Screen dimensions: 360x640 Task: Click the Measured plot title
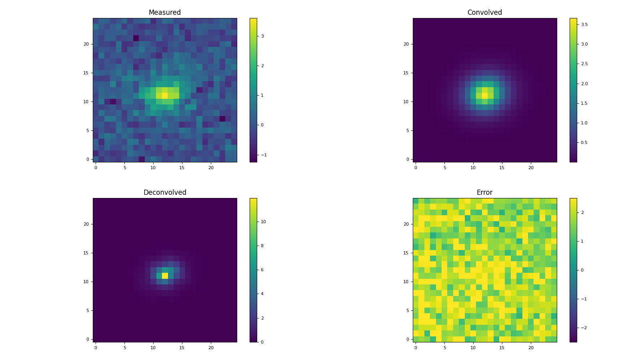coord(165,12)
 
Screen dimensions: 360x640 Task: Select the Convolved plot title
coord(484,12)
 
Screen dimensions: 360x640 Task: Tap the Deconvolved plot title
coord(165,192)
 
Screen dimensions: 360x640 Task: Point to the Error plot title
coord(484,192)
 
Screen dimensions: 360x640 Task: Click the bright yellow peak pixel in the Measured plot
coord(165,96)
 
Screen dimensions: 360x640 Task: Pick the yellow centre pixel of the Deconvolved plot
coord(165,276)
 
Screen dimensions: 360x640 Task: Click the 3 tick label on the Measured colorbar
coord(262,36)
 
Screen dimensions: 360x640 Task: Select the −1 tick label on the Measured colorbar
coord(264,155)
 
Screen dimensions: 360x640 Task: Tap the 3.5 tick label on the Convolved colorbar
coord(584,24)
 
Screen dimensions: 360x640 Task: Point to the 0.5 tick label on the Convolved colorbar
coord(584,142)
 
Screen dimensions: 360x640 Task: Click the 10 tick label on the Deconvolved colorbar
coord(263,222)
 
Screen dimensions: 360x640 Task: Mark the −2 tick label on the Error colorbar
coord(584,328)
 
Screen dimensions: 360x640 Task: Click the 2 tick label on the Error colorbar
coord(582,212)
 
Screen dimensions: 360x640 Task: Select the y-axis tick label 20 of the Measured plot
coord(86,44)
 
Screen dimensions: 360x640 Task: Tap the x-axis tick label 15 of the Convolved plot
coord(502,168)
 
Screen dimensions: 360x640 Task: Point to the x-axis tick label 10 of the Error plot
coord(473,348)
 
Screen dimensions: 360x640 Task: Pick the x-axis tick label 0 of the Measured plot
coord(96,168)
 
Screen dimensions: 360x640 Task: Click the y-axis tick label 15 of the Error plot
coord(406,253)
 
